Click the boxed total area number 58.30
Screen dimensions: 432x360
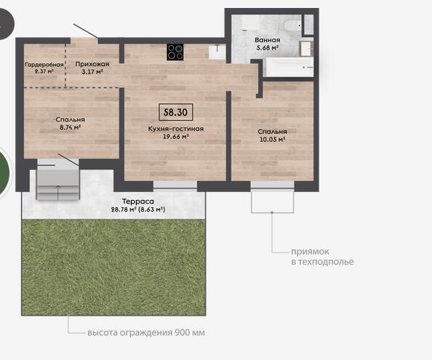pyautogui.click(x=175, y=112)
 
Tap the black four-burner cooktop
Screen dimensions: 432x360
pyautogui.click(x=175, y=52)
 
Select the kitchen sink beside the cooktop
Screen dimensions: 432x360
pyautogui.click(x=217, y=52)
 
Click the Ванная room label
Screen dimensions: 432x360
pyautogui.click(x=267, y=40)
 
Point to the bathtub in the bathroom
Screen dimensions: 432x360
pyautogui.click(x=289, y=67)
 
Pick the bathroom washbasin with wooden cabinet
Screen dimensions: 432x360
pyautogui.click(x=306, y=49)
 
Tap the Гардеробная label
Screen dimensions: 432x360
pyautogui.click(x=44, y=65)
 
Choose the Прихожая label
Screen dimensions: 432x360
pyautogui.click(x=92, y=64)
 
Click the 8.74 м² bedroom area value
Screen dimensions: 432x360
pyautogui.click(x=70, y=127)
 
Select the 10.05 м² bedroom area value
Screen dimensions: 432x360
pyautogui.click(x=272, y=140)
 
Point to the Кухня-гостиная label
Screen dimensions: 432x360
pyautogui.click(x=176, y=129)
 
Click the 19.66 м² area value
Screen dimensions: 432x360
pyautogui.click(x=176, y=136)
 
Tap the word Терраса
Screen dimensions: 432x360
pyautogui.click(x=137, y=201)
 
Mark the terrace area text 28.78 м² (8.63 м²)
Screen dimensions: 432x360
pyautogui.click(x=138, y=209)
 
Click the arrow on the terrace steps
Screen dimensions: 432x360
pyautogui.click(x=58, y=193)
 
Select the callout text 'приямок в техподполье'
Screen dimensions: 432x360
pyautogui.click(x=322, y=257)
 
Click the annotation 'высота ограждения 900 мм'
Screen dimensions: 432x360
pyautogui.click(x=146, y=332)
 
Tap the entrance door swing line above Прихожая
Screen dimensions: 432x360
pyautogui.click(x=86, y=31)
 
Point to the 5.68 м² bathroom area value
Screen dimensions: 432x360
pyautogui.click(x=267, y=48)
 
